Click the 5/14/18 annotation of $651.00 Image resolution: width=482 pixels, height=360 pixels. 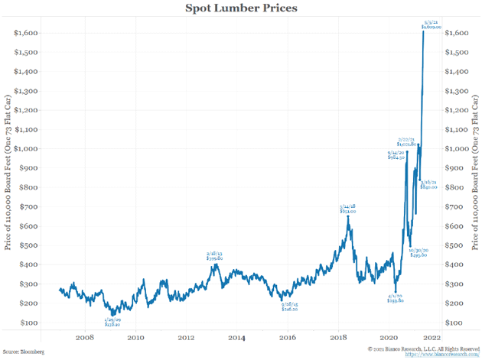(349, 208)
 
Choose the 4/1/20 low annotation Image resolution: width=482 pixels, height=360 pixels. (396, 299)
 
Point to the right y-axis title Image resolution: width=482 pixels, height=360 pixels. (475, 177)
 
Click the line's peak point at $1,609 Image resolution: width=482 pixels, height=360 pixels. (423, 31)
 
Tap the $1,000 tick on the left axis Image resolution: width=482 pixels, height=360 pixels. (28, 149)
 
